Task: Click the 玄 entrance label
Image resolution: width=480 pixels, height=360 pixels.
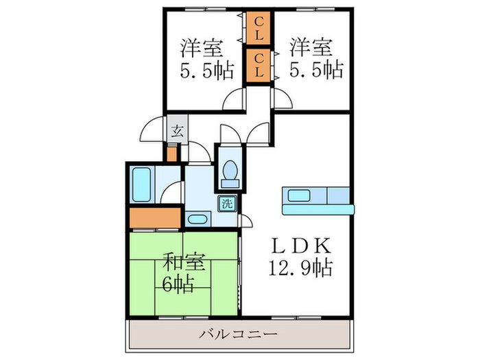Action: click(176, 131)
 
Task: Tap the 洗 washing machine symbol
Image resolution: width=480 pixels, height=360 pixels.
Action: click(226, 203)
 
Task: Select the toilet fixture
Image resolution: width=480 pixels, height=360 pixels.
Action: click(229, 171)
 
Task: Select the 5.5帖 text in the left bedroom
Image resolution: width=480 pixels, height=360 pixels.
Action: click(206, 70)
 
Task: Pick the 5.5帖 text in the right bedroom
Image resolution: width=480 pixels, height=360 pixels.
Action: click(315, 70)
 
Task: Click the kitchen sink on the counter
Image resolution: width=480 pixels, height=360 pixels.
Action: click(298, 195)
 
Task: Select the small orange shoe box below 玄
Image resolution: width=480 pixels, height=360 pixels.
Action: click(172, 152)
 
